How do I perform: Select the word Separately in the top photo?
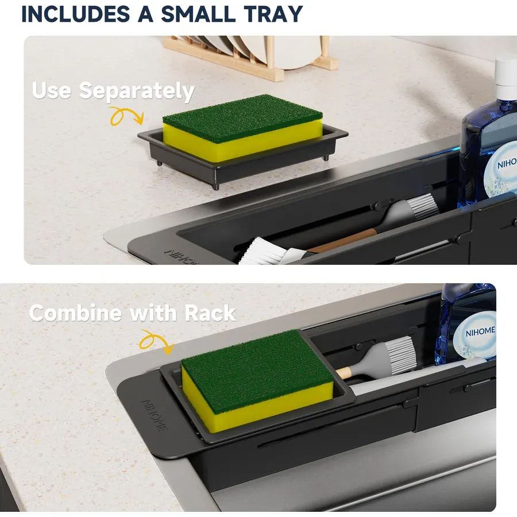pyautogui.click(x=137, y=91)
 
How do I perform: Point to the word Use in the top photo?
pyautogui.click(x=52, y=90)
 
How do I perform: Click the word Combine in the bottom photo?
pyautogui.click(x=75, y=312)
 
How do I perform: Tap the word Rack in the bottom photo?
pyautogui.click(x=210, y=312)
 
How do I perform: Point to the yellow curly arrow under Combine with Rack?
pyautogui.click(x=156, y=342)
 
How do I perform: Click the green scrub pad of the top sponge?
pyautogui.click(x=242, y=118)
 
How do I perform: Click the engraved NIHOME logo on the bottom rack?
pyautogui.click(x=155, y=415)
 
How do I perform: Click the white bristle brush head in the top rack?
pyautogui.click(x=263, y=252)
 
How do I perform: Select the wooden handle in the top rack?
pyautogui.click(x=343, y=240)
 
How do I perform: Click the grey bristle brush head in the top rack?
pyautogui.click(x=422, y=206)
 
